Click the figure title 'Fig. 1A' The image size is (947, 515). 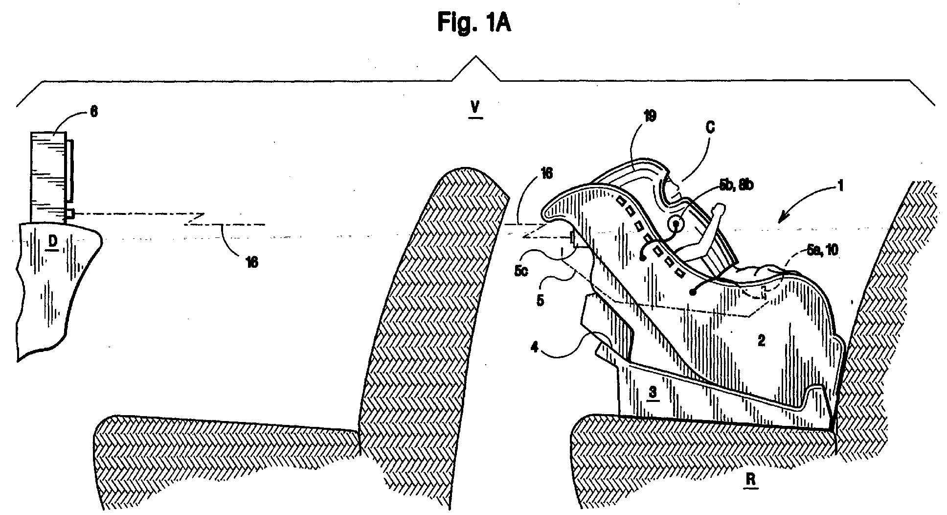tap(474, 23)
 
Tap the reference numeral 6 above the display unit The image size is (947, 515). tap(93, 112)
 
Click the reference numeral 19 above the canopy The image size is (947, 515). tap(650, 116)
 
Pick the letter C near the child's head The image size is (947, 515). tap(710, 128)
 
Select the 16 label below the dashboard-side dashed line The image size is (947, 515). tap(251, 262)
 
